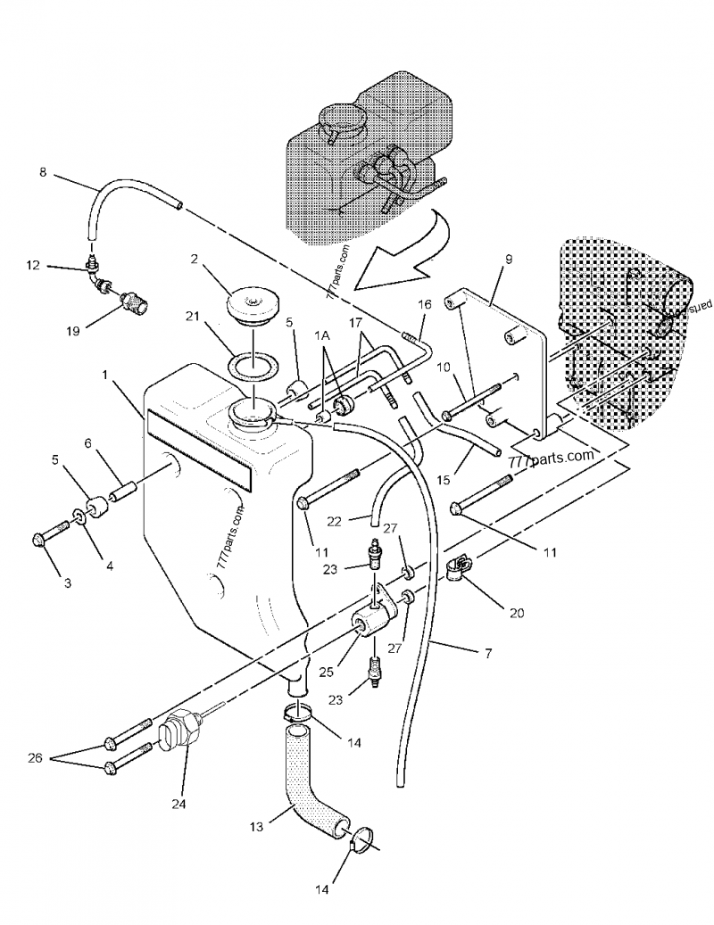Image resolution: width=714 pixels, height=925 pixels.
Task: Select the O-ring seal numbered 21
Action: click(252, 364)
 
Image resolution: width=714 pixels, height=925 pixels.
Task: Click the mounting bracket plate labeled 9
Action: click(500, 348)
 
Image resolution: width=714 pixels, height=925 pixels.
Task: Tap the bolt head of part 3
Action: click(39, 539)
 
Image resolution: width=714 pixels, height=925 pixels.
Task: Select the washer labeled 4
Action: click(79, 518)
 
